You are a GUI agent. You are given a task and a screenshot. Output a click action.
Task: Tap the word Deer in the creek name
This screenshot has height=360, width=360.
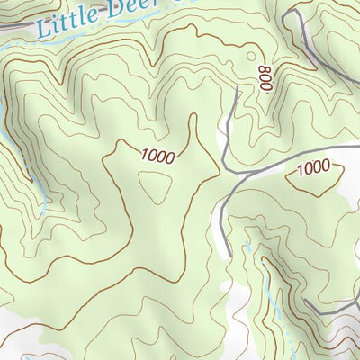129,8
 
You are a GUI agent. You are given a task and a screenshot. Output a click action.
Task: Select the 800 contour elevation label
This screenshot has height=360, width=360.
265,80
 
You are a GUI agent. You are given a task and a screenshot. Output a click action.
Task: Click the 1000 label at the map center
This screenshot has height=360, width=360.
157,155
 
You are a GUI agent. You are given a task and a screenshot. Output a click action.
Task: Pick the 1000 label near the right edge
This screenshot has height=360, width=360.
313,167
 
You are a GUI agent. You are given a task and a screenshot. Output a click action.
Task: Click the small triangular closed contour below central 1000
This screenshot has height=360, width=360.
156,186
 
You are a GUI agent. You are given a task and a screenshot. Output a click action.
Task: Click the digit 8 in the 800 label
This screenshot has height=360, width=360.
266,88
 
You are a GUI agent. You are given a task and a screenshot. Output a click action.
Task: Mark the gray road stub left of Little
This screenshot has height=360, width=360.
11,26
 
